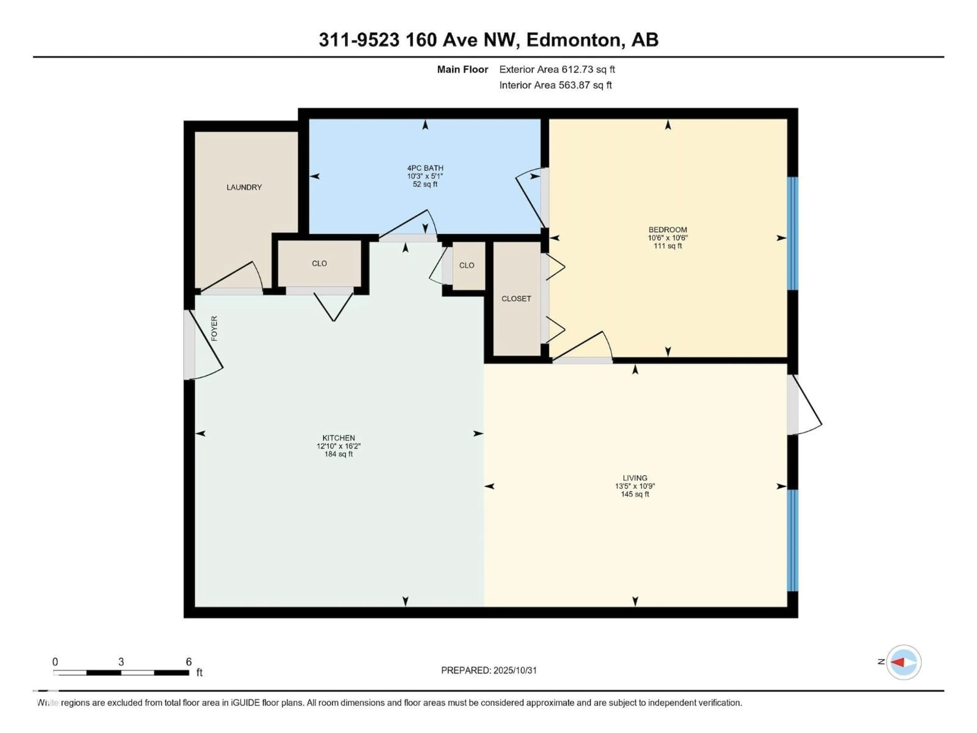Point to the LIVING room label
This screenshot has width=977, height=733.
pos(635,478)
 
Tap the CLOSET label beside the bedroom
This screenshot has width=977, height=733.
pos(516,299)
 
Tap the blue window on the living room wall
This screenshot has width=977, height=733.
pos(793,540)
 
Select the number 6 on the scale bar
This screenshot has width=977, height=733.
pos(189,661)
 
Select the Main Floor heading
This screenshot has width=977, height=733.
pos(463,69)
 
